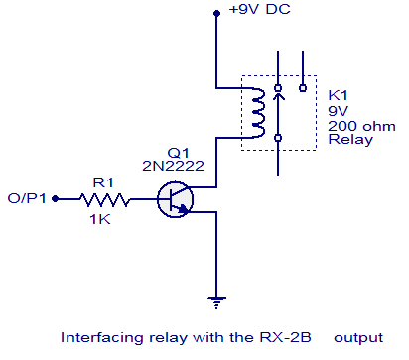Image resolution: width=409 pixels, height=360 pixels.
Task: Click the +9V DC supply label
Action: coord(261,13)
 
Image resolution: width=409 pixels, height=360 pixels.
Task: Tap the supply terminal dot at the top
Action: coord(215,14)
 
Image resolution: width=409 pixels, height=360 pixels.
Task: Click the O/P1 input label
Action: coord(26,198)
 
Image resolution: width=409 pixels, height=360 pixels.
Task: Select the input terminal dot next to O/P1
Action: coord(56,198)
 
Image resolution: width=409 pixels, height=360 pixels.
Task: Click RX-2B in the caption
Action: coord(277,336)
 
